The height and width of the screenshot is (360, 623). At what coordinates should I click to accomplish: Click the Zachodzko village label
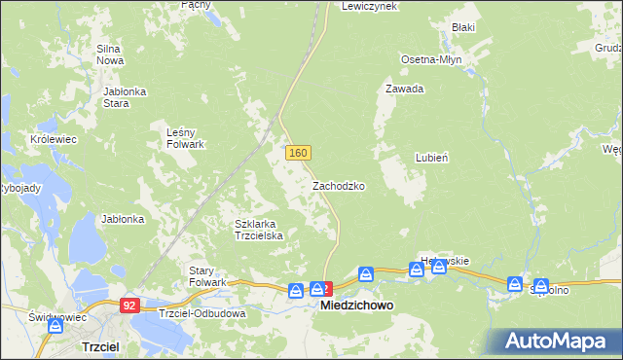click(x=338, y=185)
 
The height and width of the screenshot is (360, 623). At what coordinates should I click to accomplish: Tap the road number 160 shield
click(x=298, y=153)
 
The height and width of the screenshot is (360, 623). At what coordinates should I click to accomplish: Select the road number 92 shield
click(x=129, y=305)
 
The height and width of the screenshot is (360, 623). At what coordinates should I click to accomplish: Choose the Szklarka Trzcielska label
click(x=258, y=230)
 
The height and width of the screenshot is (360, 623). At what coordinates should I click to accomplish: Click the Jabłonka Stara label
click(x=124, y=96)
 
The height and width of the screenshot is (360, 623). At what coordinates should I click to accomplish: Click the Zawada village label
click(x=404, y=89)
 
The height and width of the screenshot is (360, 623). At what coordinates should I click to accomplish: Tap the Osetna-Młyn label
click(x=431, y=59)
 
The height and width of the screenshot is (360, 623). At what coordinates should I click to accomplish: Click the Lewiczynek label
click(x=369, y=6)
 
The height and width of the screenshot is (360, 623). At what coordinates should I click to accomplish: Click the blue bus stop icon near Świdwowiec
click(x=55, y=328)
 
